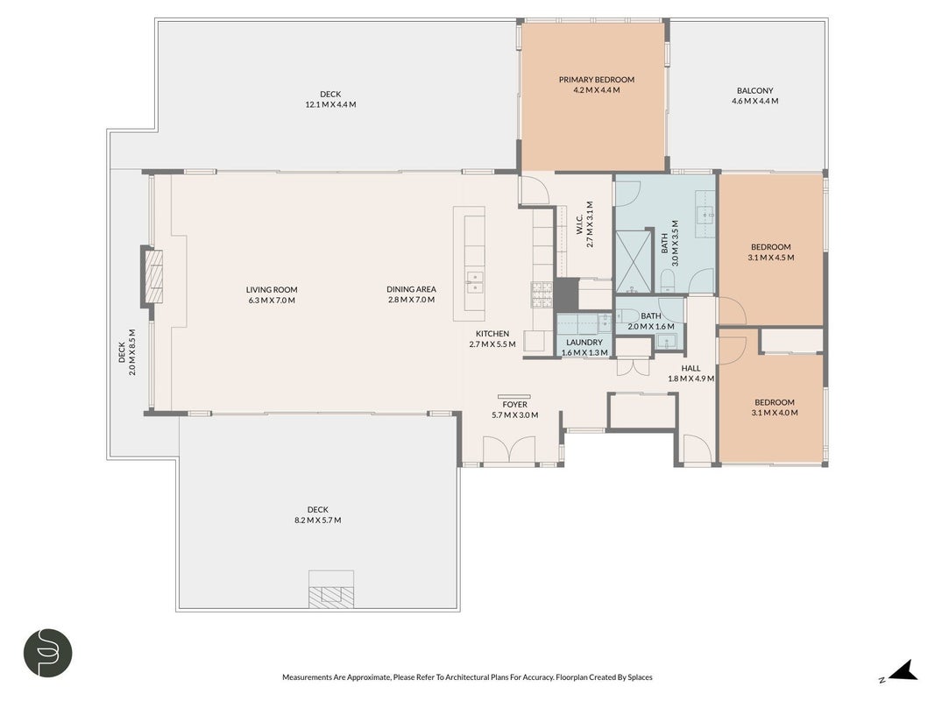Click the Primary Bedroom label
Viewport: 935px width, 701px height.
tap(596, 79)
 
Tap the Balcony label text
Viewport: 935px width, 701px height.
tap(754, 90)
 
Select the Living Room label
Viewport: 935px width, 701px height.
tap(272, 290)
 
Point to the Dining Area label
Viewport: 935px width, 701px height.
tap(412, 289)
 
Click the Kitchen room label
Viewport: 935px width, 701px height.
tap(492, 333)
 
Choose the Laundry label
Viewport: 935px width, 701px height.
tap(584, 342)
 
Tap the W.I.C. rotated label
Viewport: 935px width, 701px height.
tap(579, 224)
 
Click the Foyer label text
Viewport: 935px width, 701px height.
tap(514, 404)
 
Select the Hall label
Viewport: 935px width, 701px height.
tap(691, 368)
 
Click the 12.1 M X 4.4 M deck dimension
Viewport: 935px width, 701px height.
tap(331, 104)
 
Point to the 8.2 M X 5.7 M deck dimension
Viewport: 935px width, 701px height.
tap(318, 520)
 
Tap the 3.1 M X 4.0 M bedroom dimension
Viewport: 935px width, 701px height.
tap(776, 413)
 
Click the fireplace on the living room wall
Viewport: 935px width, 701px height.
tap(152, 277)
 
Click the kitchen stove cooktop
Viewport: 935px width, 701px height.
tap(542, 294)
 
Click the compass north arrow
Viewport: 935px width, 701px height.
tap(903, 670)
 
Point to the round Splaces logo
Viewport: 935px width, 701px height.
tap(47, 652)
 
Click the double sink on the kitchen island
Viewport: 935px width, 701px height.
tap(475, 282)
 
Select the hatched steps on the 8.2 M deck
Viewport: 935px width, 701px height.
tap(331, 596)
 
